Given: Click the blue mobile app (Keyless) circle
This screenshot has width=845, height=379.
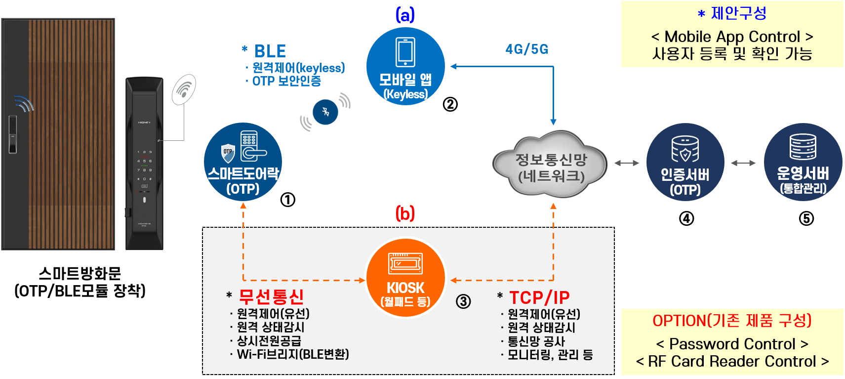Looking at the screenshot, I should click(405, 66).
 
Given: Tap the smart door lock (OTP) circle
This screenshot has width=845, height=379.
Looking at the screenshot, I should click(243, 162).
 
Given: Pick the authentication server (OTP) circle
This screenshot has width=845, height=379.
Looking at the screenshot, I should click(685, 162).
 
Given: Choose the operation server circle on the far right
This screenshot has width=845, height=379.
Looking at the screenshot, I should click(803, 162).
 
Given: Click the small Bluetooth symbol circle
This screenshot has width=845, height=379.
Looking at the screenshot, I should click(325, 112).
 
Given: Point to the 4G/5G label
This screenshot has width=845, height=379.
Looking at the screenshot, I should click(526, 49).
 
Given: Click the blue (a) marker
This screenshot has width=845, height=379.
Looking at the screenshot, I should click(405, 15).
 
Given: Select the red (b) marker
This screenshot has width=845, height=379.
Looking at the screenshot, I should click(405, 213).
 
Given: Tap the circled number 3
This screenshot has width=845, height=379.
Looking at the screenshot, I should click(463, 301).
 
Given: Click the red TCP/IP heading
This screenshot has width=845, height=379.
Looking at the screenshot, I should click(539, 297).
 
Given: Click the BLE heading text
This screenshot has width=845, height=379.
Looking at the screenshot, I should click(270, 51).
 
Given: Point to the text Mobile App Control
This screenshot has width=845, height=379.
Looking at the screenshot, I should click(732, 37).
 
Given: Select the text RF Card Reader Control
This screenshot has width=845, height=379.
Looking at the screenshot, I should click(732, 361).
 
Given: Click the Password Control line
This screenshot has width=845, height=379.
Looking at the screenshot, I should click(732, 343).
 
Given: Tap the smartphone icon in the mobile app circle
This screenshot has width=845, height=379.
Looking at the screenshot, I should click(405, 52).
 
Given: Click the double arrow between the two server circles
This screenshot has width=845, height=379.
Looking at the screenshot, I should click(743, 163).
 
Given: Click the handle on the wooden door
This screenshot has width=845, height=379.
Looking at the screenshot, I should click(12, 134).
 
